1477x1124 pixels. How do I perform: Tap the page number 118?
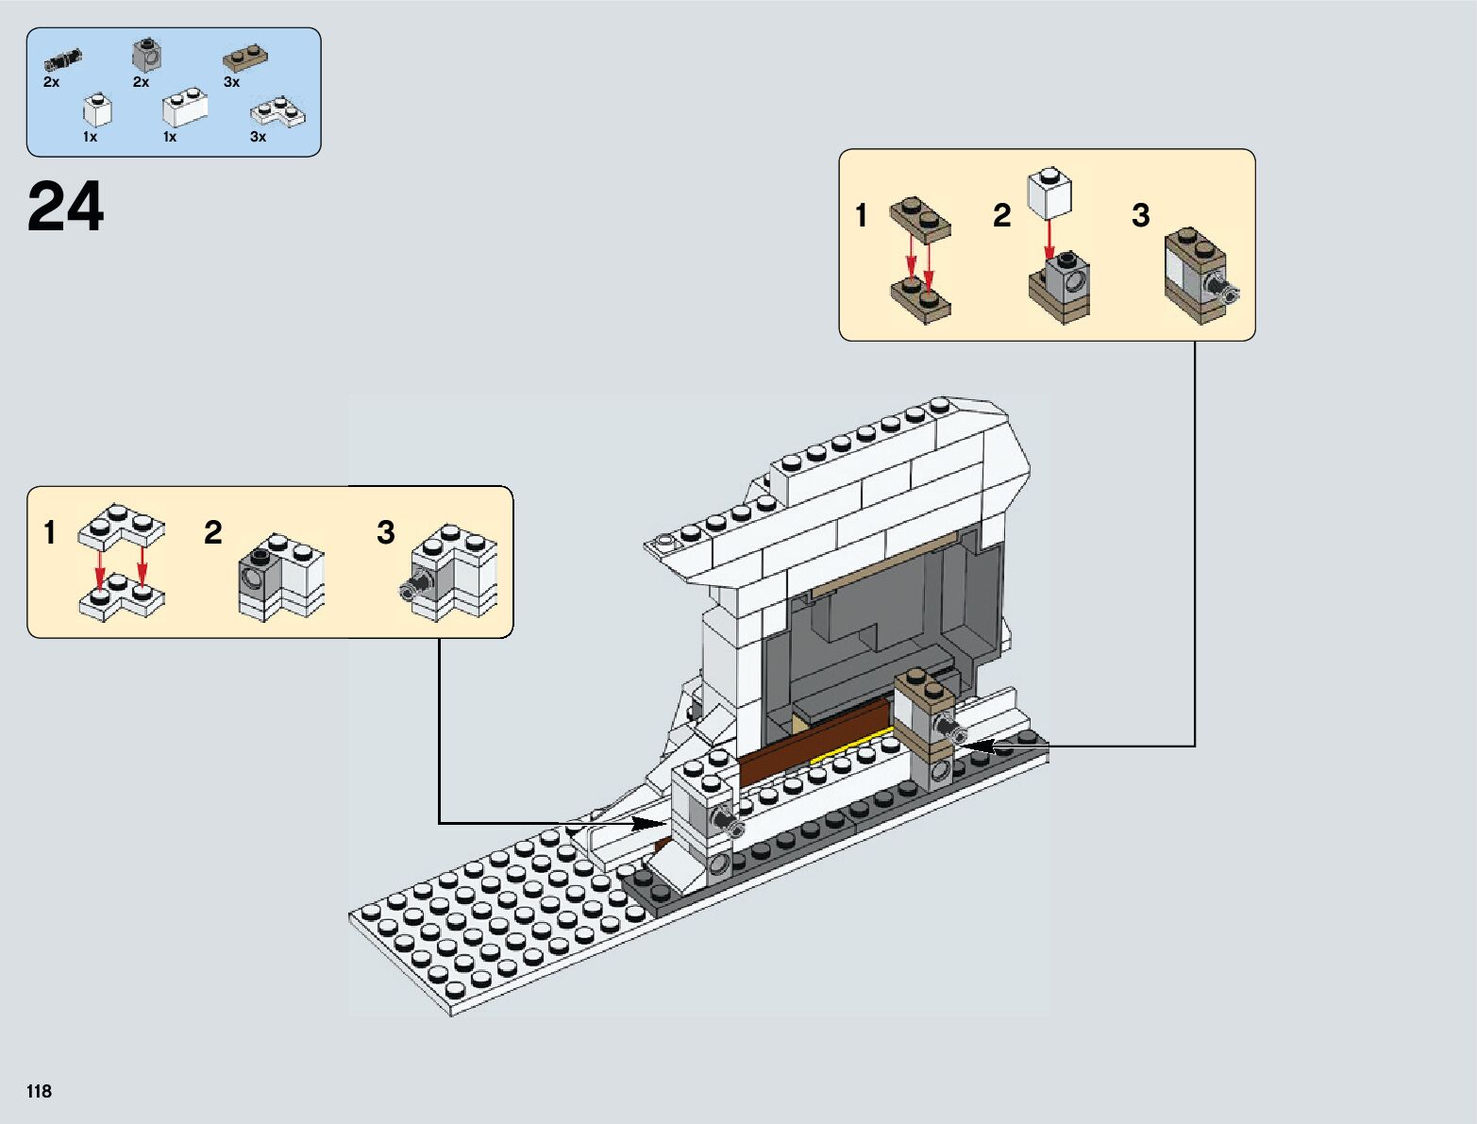39,1091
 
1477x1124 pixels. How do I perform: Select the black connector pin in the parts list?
62,62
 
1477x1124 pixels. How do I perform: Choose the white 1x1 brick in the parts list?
97,110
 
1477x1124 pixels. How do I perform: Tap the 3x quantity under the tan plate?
231,82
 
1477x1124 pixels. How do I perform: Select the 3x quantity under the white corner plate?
258,137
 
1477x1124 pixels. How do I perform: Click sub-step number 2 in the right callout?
1001,216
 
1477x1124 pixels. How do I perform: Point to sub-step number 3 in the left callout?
385,532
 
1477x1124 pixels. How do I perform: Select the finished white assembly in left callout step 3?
455,575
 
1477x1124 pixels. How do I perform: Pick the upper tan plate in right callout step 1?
920,216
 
